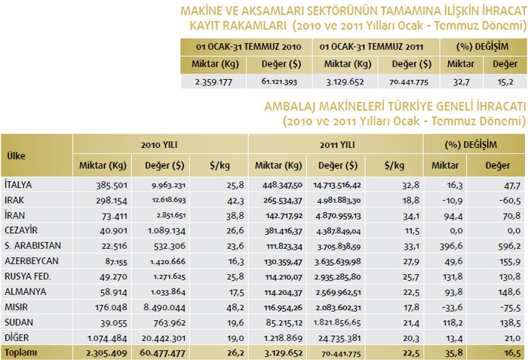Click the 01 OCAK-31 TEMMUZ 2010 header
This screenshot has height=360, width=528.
[244, 46]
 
